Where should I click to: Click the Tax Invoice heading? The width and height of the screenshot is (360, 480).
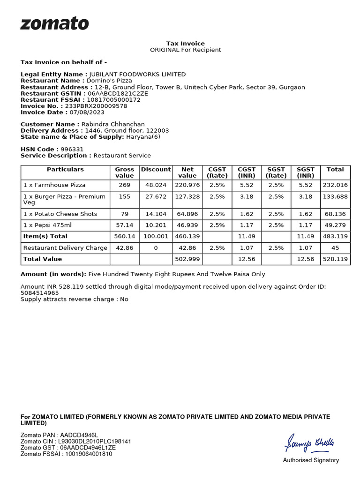click(186, 44)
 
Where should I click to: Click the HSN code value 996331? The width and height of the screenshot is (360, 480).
click(72, 149)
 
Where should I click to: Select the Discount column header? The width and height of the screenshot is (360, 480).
click(156, 169)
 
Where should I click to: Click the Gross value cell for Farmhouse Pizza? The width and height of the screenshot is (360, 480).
click(125, 185)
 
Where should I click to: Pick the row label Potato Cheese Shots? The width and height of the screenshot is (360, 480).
click(60, 214)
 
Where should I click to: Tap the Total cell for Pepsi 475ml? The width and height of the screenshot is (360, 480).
click(335, 225)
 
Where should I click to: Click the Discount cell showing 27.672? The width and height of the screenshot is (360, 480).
click(156, 196)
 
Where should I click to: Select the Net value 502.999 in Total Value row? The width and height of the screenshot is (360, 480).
click(187, 259)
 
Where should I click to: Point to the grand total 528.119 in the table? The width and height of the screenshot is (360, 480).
click(335, 259)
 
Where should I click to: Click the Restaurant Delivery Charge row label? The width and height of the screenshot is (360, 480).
click(65, 247)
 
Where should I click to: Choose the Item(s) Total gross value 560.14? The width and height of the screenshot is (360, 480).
click(125, 236)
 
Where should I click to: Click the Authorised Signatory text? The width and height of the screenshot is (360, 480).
click(311, 460)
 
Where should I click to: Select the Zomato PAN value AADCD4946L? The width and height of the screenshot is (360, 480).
click(79, 435)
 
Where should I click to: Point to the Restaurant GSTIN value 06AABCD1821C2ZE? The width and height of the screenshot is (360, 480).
click(118, 93)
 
